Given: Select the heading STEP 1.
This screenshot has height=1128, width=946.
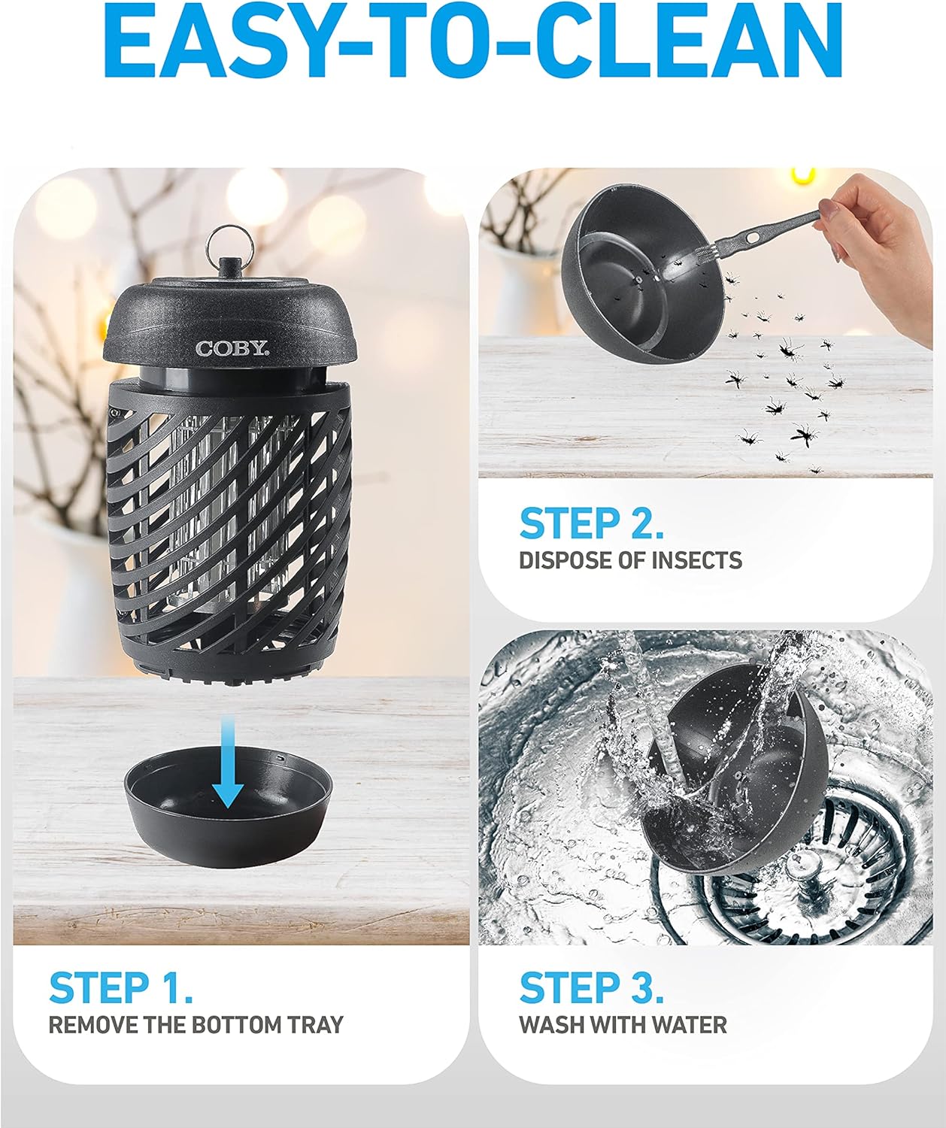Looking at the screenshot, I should click(121, 987).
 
